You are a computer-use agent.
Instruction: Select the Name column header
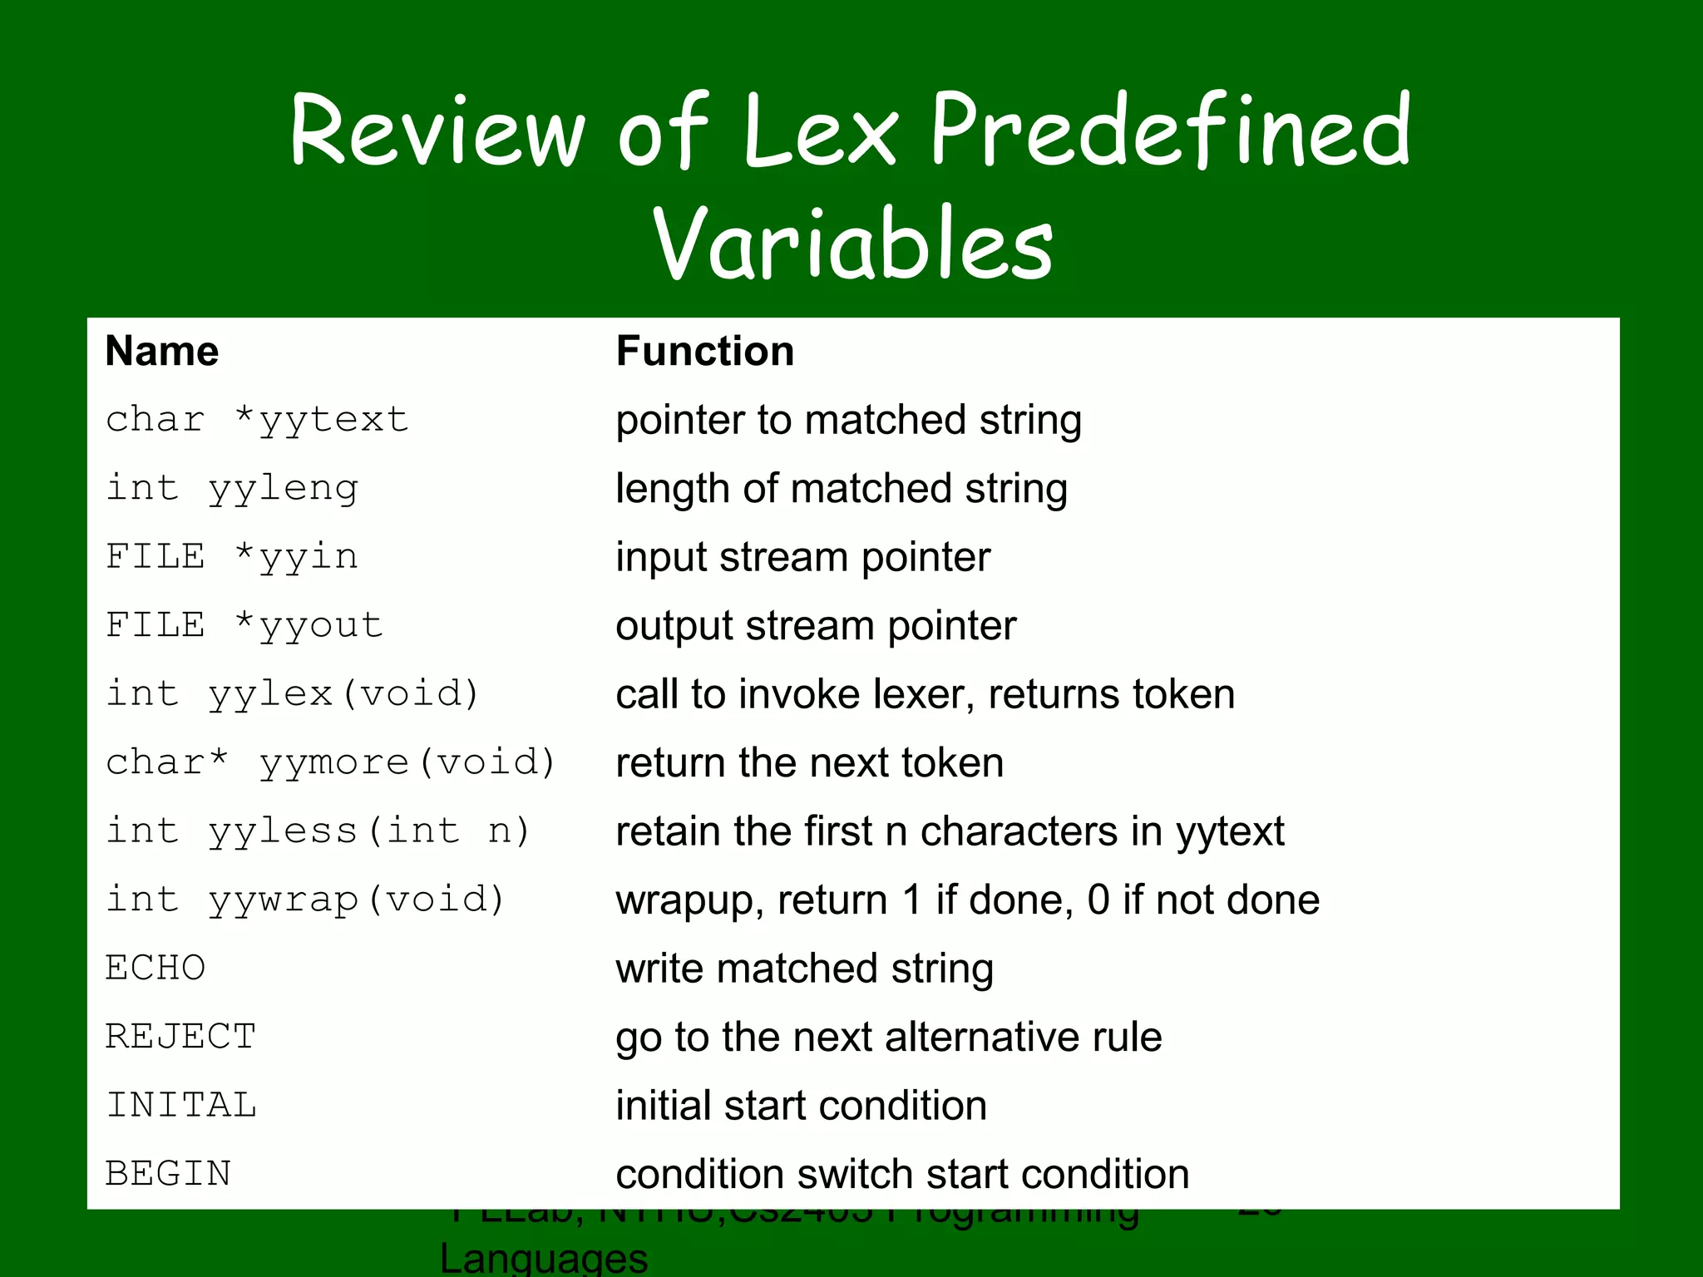tap(162, 351)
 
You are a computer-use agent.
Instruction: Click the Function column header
tap(704, 351)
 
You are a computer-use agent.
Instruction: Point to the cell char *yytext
tap(257, 420)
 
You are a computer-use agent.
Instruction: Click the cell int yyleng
tap(232, 489)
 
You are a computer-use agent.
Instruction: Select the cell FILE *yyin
tap(232, 557)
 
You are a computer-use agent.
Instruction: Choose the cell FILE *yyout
tap(244, 625)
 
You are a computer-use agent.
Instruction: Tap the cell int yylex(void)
tap(293, 694)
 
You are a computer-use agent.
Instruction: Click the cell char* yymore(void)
tap(330, 762)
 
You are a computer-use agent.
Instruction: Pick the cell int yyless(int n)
tap(318, 831)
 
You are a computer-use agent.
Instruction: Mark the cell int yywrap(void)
tap(305, 900)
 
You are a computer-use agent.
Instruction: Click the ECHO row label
tap(155, 969)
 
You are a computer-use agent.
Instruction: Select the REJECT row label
tap(180, 1037)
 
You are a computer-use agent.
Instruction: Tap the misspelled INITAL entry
tap(181, 1106)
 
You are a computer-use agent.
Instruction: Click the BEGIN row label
tap(168, 1174)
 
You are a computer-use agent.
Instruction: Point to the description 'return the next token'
tap(809, 762)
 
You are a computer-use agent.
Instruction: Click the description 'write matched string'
tap(804, 969)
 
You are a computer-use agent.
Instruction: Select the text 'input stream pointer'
tap(802, 557)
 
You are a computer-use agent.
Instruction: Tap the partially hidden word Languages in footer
tap(544, 1257)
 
